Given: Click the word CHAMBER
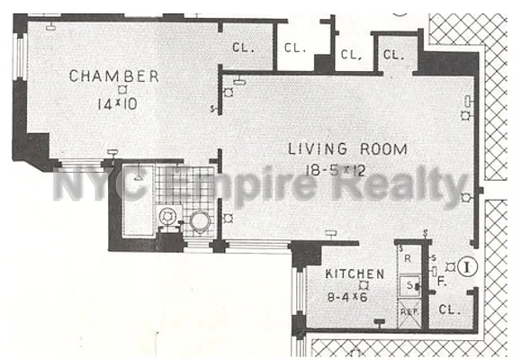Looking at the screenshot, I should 115,76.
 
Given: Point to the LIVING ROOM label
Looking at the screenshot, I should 346,148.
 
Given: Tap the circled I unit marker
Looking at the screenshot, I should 466,266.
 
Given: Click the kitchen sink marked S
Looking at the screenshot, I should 409,285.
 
